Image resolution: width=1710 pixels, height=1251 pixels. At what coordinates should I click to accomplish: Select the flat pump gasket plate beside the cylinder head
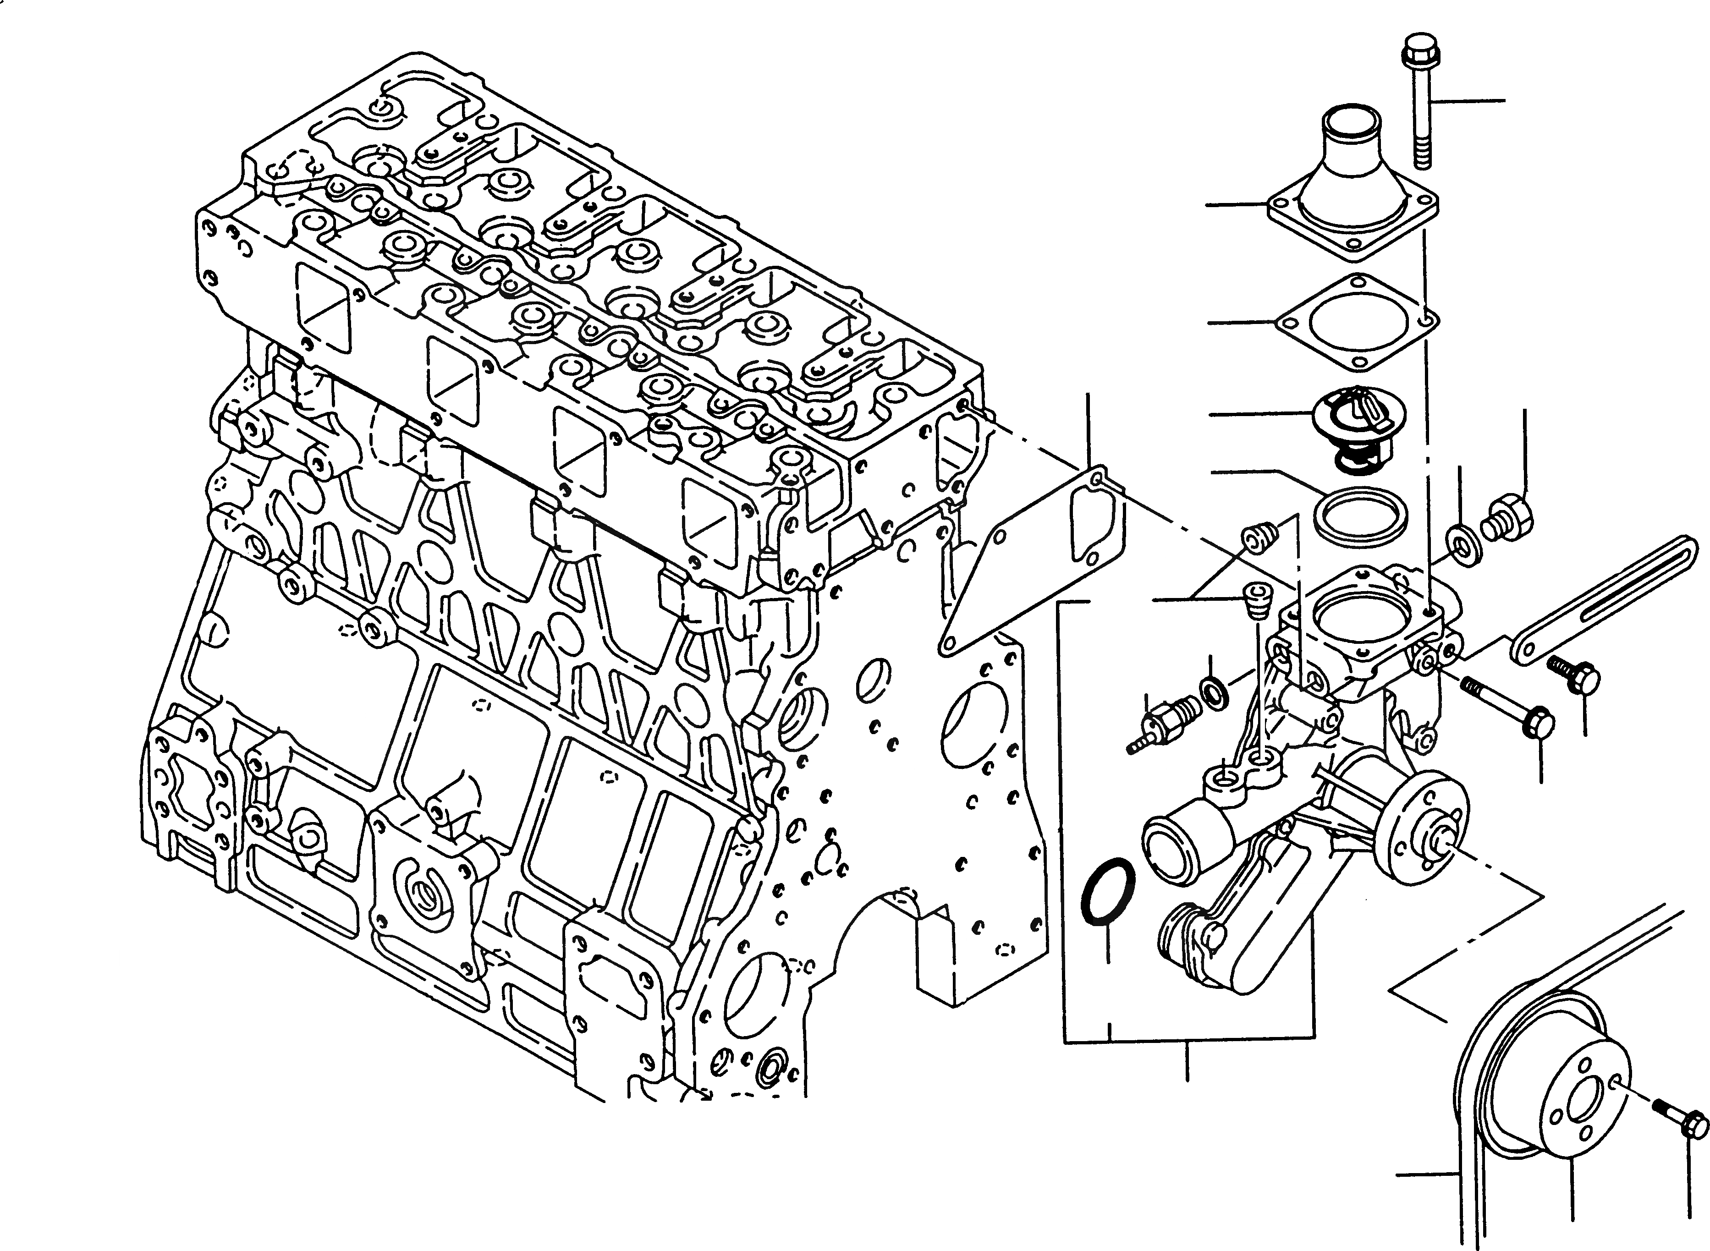(1034, 564)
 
